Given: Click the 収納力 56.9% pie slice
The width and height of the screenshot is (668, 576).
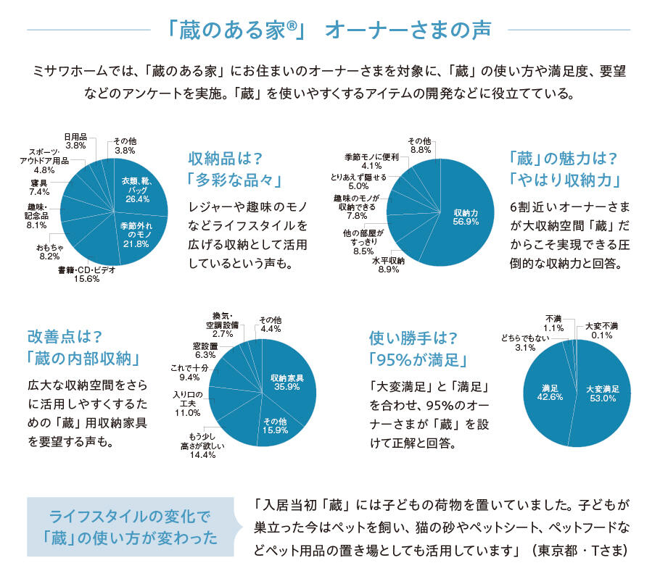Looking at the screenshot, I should click(x=464, y=217).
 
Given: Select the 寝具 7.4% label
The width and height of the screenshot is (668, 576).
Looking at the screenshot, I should click(x=39, y=188).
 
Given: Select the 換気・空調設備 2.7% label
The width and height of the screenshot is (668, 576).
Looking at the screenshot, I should click(x=221, y=325).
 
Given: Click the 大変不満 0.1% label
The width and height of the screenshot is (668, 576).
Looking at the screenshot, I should click(x=603, y=330).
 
